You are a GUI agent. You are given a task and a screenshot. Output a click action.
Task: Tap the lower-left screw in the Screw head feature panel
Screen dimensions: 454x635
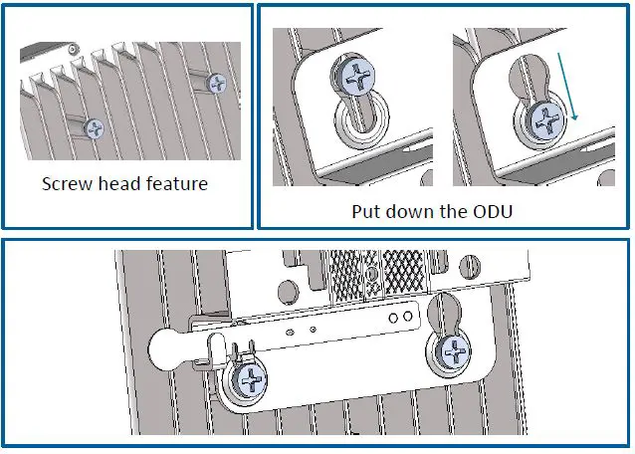pos(95,127)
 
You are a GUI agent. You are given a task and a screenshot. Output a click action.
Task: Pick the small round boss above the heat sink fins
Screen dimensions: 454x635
pos(72,47)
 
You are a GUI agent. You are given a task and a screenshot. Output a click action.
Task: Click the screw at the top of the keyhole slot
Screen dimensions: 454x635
pos(355,75)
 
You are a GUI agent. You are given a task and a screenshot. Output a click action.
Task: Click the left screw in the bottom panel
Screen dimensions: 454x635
pos(251,379)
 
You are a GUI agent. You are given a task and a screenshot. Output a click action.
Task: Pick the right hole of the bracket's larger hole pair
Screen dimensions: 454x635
pos(407,317)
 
